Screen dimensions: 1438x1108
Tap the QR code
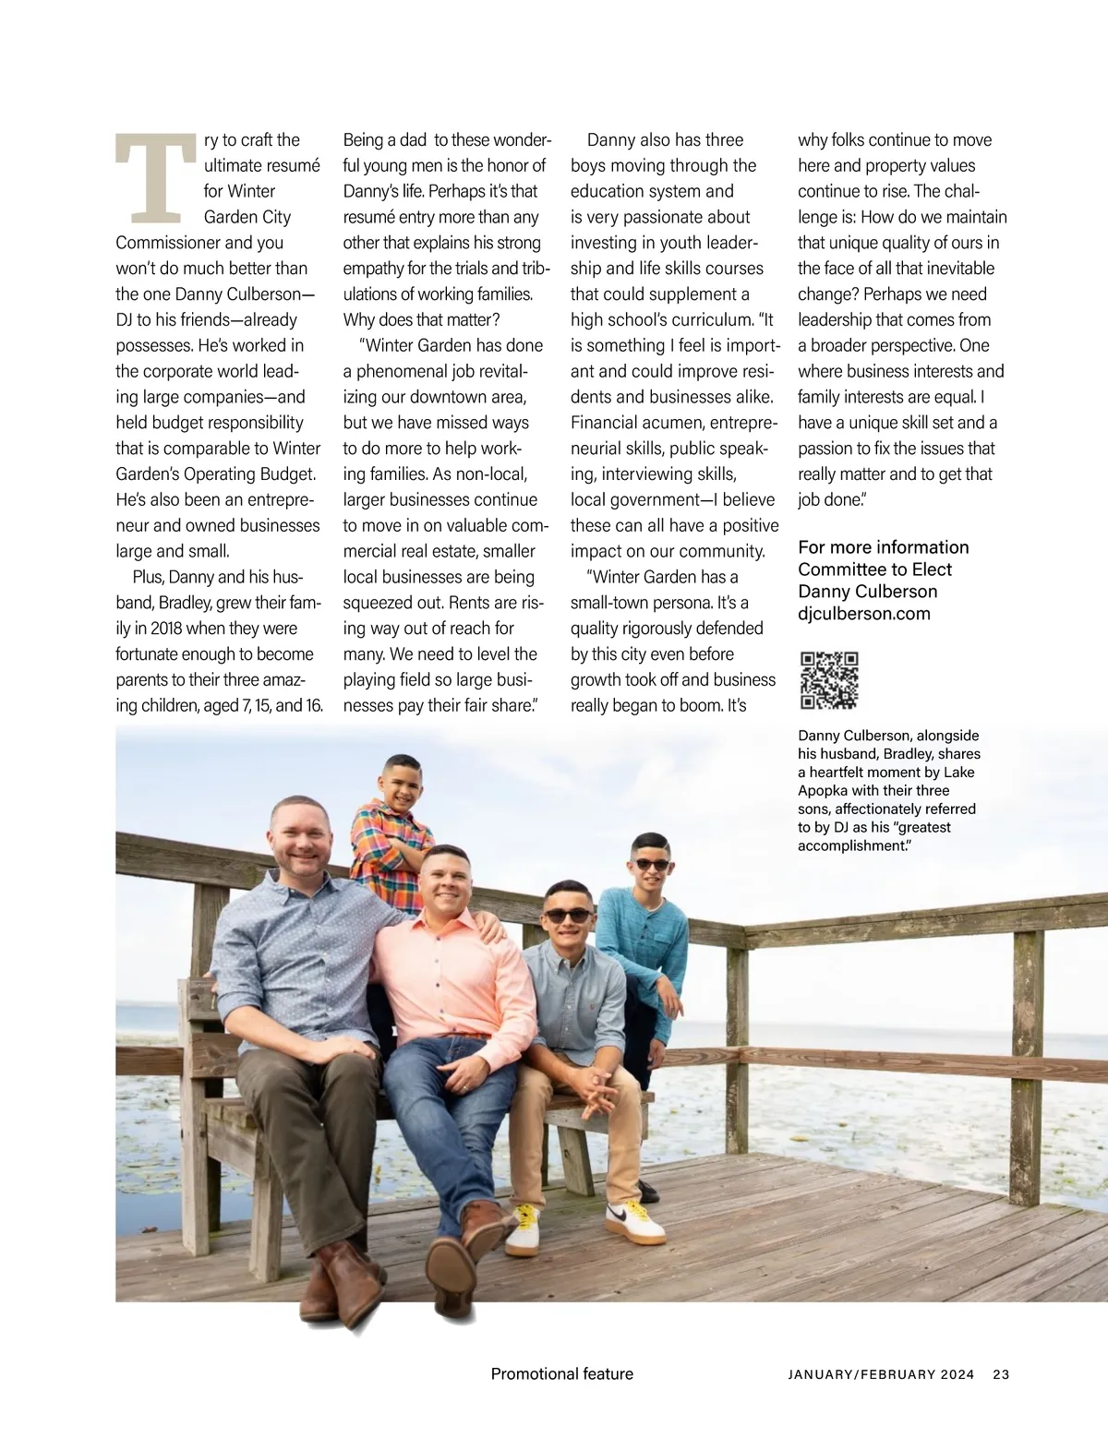pyautogui.click(x=828, y=680)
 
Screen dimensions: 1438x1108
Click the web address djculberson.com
pyautogui.click(x=863, y=614)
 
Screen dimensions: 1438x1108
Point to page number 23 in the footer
pyautogui.click(x=1001, y=1374)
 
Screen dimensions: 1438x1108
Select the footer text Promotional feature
pyautogui.click(x=561, y=1374)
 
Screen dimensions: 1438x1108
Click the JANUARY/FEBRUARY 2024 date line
pyautogui.click(x=881, y=1374)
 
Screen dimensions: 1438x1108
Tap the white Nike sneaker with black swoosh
pyautogui.click(x=636, y=1223)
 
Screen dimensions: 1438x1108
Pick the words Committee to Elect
pyautogui.click(x=874, y=569)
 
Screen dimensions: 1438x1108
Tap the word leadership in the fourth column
pyautogui.click(x=840, y=319)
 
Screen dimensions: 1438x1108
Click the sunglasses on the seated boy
pyautogui.click(x=567, y=915)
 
